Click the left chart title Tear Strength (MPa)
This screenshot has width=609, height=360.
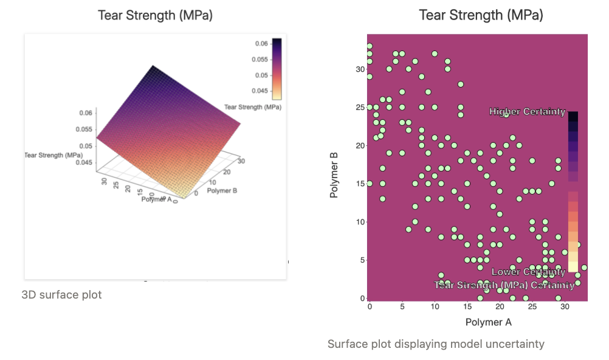[x=156, y=16]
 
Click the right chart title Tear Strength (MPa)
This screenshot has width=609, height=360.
[x=481, y=15]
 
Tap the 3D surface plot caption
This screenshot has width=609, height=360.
[x=62, y=295]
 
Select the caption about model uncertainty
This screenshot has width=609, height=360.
[x=436, y=344]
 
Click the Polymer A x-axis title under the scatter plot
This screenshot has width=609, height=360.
[x=489, y=322]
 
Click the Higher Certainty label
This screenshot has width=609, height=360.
[x=527, y=112]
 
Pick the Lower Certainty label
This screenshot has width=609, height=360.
[x=528, y=272]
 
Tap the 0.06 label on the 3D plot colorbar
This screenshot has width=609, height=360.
[x=262, y=44]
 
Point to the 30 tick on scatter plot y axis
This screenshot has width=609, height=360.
[x=361, y=69]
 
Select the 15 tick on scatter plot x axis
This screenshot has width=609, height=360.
[x=467, y=308]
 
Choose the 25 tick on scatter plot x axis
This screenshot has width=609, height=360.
[x=532, y=308]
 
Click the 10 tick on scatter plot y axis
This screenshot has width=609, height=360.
[x=361, y=222]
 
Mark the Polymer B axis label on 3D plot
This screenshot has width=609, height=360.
[x=221, y=191]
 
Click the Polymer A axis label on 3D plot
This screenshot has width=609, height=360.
[x=156, y=199]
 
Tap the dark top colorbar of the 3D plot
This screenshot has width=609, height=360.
[x=277, y=46]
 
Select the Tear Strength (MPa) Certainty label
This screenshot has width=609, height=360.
[x=504, y=285]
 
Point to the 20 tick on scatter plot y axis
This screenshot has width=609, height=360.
[x=361, y=146]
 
